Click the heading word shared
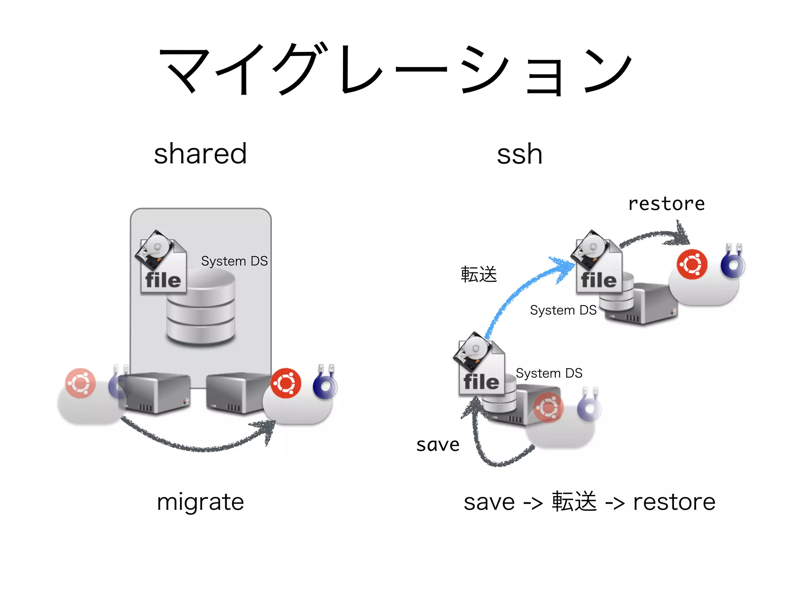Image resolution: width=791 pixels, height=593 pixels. coord(200,154)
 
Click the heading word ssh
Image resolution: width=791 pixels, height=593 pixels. coord(519,154)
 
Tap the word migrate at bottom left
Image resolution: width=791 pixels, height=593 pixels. coord(200,502)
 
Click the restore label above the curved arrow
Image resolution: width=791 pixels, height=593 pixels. coord(666,203)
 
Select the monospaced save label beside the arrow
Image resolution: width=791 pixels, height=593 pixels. coord(438,445)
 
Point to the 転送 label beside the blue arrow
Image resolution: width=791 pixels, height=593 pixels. coord(479,274)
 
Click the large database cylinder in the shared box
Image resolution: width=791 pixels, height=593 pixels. coord(201,309)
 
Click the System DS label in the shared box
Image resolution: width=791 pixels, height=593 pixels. coord(234,261)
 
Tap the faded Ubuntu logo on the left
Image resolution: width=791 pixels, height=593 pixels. coord(80,383)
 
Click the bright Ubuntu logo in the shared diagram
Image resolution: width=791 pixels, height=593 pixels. coord(286,383)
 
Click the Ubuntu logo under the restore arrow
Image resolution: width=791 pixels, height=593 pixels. coord(692,264)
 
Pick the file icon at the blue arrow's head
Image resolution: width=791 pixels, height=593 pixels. coord(597,263)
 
